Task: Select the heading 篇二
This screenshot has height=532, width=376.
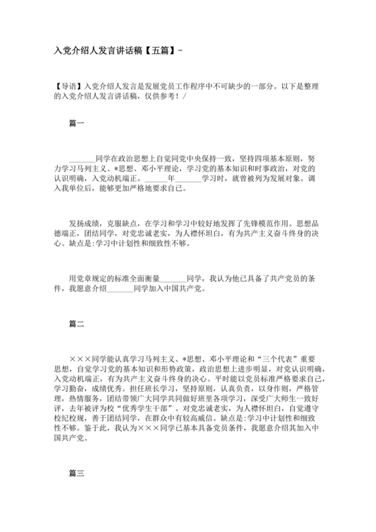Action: coord(77,324)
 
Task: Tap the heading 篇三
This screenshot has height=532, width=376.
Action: coord(77,474)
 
